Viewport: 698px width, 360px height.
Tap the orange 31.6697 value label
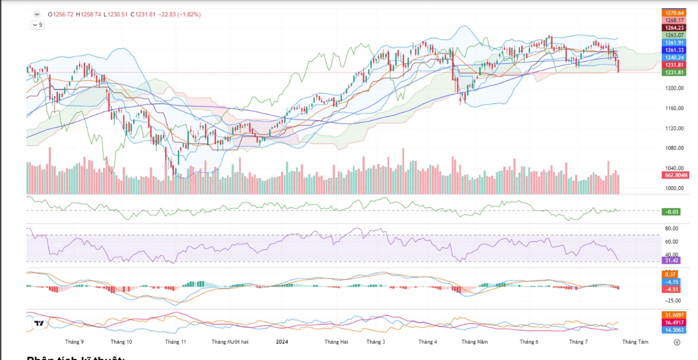[675, 315]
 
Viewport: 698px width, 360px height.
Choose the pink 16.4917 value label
[675, 322]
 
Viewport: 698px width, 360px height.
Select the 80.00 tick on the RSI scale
[672, 229]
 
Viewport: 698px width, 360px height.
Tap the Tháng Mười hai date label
[230, 342]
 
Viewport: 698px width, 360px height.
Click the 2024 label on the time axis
[282, 342]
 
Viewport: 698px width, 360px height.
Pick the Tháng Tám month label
[635, 342]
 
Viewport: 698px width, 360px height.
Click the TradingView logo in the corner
[40, 323]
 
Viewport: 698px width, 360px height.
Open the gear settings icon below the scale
[676, 343]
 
